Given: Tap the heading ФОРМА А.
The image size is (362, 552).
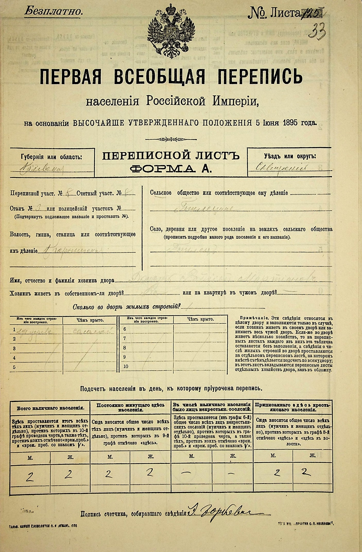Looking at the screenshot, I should click(x=171, y=169).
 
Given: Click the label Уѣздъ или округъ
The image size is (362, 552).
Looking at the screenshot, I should click(x=290, y=156).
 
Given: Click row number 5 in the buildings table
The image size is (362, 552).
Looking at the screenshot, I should click(x=14, y=367).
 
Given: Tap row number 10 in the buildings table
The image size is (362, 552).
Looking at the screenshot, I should click(x=126, y=366).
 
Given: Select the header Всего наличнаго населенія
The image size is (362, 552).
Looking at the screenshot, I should click(x=50, y=408).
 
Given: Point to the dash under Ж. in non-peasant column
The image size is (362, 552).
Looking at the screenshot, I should click(x=232, y=473).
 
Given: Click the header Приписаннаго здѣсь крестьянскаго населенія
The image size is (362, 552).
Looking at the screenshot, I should click(x=292, y=407).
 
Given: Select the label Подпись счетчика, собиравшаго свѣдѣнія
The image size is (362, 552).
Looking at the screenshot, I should click(x=133, y=514).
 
